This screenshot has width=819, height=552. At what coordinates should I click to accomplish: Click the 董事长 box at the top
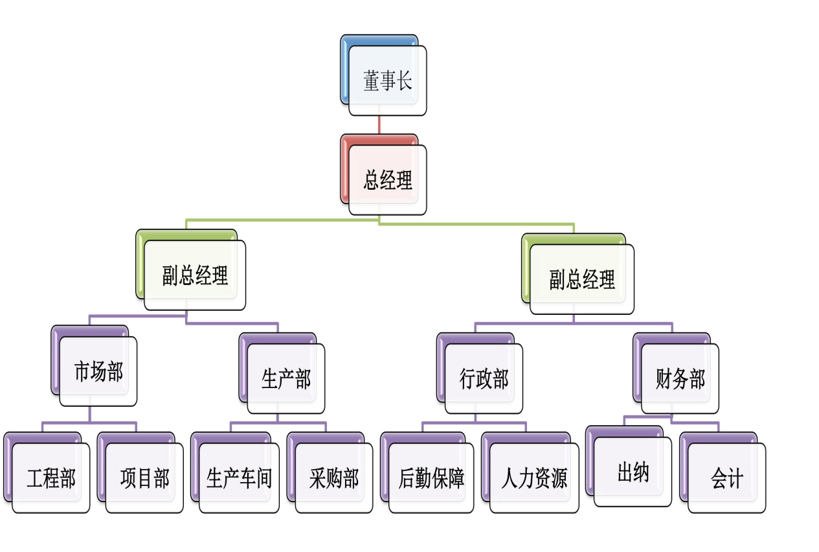[387, 81]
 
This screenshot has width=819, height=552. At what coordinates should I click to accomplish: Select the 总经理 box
[387, 179]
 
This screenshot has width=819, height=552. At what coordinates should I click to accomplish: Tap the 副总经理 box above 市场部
[194, 275]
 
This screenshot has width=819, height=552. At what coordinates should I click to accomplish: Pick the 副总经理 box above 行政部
[581, 279]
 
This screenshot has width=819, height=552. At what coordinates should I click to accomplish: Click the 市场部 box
[98, 371]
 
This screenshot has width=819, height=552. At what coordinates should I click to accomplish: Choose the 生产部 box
[286, 378]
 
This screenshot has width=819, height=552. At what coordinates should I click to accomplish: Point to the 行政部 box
[483, 378]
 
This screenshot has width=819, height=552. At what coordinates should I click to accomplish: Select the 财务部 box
[679, 378]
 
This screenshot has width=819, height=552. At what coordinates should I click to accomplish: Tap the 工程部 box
[50, 477]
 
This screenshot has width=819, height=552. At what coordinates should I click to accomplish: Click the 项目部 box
[144, 477]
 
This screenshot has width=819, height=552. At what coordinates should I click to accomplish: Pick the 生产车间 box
[238, 477]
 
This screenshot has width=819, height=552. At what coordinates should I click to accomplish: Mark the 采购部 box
[333, 477]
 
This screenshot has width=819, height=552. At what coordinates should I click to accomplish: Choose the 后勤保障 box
[431, 477]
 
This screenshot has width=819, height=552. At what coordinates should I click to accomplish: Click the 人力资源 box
[533, 477]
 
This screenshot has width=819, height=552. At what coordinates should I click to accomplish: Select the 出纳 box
[632, 472]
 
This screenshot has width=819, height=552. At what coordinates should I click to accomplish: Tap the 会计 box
[726, 477]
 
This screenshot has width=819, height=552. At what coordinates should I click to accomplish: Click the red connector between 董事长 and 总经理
[379, 125]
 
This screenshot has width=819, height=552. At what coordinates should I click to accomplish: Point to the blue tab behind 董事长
[344, 71]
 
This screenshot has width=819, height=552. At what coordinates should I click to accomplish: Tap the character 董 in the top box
[371, 82]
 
